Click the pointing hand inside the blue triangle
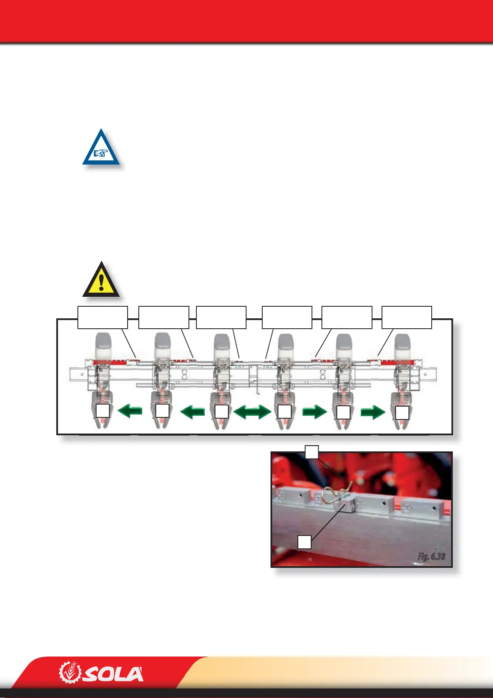(101, 153)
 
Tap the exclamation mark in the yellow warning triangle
(101, 282)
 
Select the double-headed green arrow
(252, 412)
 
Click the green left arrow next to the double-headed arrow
(192, 412)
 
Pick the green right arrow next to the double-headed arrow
(314, 412)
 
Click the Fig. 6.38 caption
(431, 556)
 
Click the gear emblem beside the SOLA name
(68, 672)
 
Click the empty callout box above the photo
(312, 452)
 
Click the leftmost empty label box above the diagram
(103, 317)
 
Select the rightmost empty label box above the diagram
(406, 317)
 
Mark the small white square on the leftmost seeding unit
(103, 411)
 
